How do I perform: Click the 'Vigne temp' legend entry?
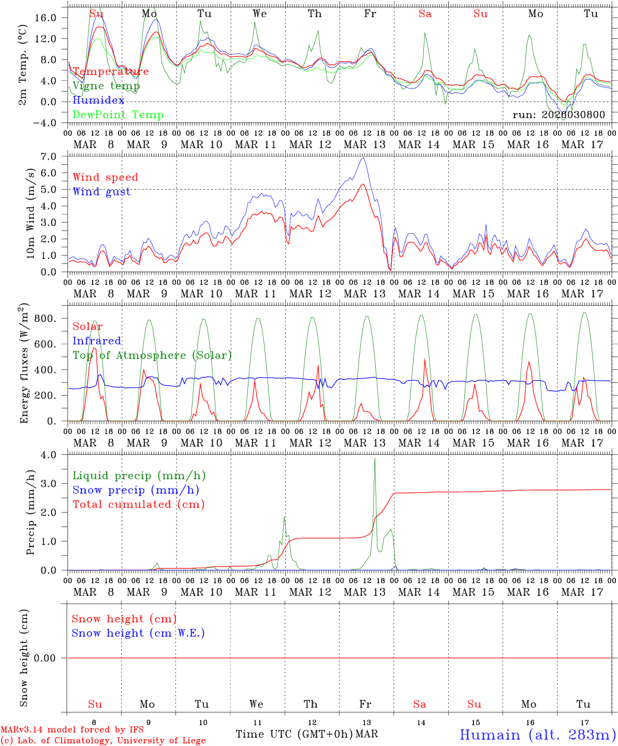106,86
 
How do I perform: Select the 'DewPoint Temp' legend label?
118,115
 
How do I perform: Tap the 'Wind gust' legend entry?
101,192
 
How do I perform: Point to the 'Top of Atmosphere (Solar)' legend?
152,355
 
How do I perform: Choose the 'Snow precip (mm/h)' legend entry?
136,490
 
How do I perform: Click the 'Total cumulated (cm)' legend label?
138,505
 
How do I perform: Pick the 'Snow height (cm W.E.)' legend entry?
138,633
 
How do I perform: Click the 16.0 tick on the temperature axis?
46,18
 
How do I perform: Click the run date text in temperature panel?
558,115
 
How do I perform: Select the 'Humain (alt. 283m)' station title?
538,735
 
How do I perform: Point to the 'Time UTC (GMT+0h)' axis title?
295,734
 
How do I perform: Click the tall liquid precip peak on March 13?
375,459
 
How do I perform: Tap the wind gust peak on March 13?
363,158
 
